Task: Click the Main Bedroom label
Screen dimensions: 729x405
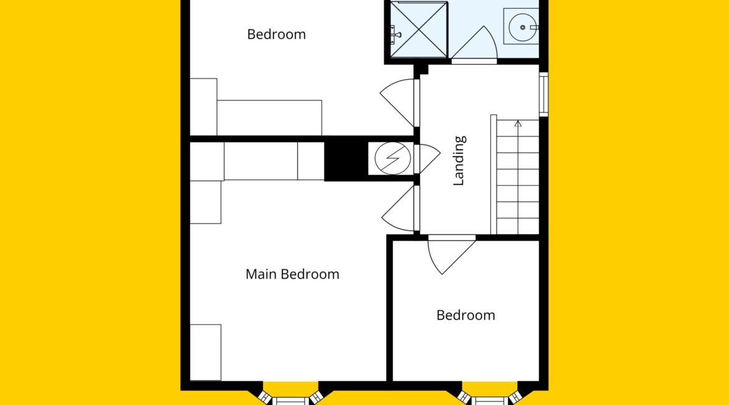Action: click(x=292, y=274)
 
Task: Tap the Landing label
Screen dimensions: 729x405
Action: click(x=459, y=161)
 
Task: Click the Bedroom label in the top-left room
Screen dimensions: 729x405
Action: click(x=277, y=34)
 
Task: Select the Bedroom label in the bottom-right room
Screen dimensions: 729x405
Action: click(x=466, y=315)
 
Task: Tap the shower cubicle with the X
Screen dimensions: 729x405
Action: click(x=419, y=30)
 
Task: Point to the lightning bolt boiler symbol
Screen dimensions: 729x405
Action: click(x=393, y=158)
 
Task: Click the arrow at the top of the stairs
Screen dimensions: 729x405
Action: click(x=518, y=124)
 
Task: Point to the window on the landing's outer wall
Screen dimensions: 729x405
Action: click(x=543, y=94)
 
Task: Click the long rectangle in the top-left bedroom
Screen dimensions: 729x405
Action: click(x=270, y=118)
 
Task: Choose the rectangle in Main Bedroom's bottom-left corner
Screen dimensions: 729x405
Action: click(x=206, y=353)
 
